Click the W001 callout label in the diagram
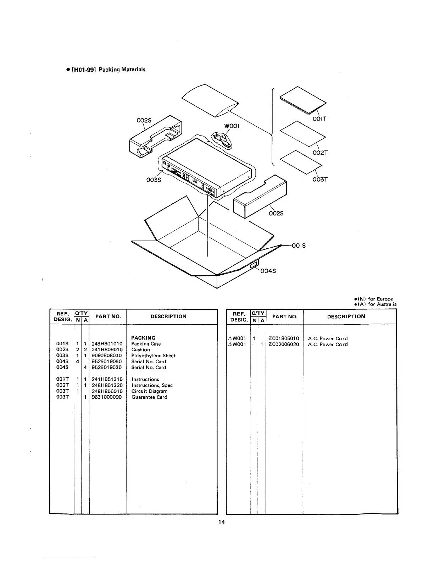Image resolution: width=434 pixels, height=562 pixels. click(232, 127)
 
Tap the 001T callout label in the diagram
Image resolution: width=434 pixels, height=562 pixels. click(319, 119)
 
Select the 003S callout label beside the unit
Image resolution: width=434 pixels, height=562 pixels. click(154, 180)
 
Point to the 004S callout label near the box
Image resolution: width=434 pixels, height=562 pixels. click(268, 271)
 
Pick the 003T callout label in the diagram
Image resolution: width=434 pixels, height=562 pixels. click(320, 179)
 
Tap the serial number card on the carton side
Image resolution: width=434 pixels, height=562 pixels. click(254, 265)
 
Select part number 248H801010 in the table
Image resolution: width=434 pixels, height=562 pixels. click(107, 344)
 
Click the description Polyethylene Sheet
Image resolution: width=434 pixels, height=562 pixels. click(153, 356)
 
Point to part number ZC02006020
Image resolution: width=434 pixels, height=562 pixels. click(284, 345)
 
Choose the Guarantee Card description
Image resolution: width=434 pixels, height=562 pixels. click(149, 397)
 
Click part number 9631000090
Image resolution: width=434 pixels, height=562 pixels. click(107, 397)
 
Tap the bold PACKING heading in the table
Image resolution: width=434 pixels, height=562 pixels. click(143, 338)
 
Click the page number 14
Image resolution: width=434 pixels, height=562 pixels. click(222, 522)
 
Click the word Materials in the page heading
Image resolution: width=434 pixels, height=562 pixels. click(133, 70)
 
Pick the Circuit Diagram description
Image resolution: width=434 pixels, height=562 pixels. click(149, 391)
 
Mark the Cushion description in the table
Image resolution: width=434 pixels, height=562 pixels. click(140, 349)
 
